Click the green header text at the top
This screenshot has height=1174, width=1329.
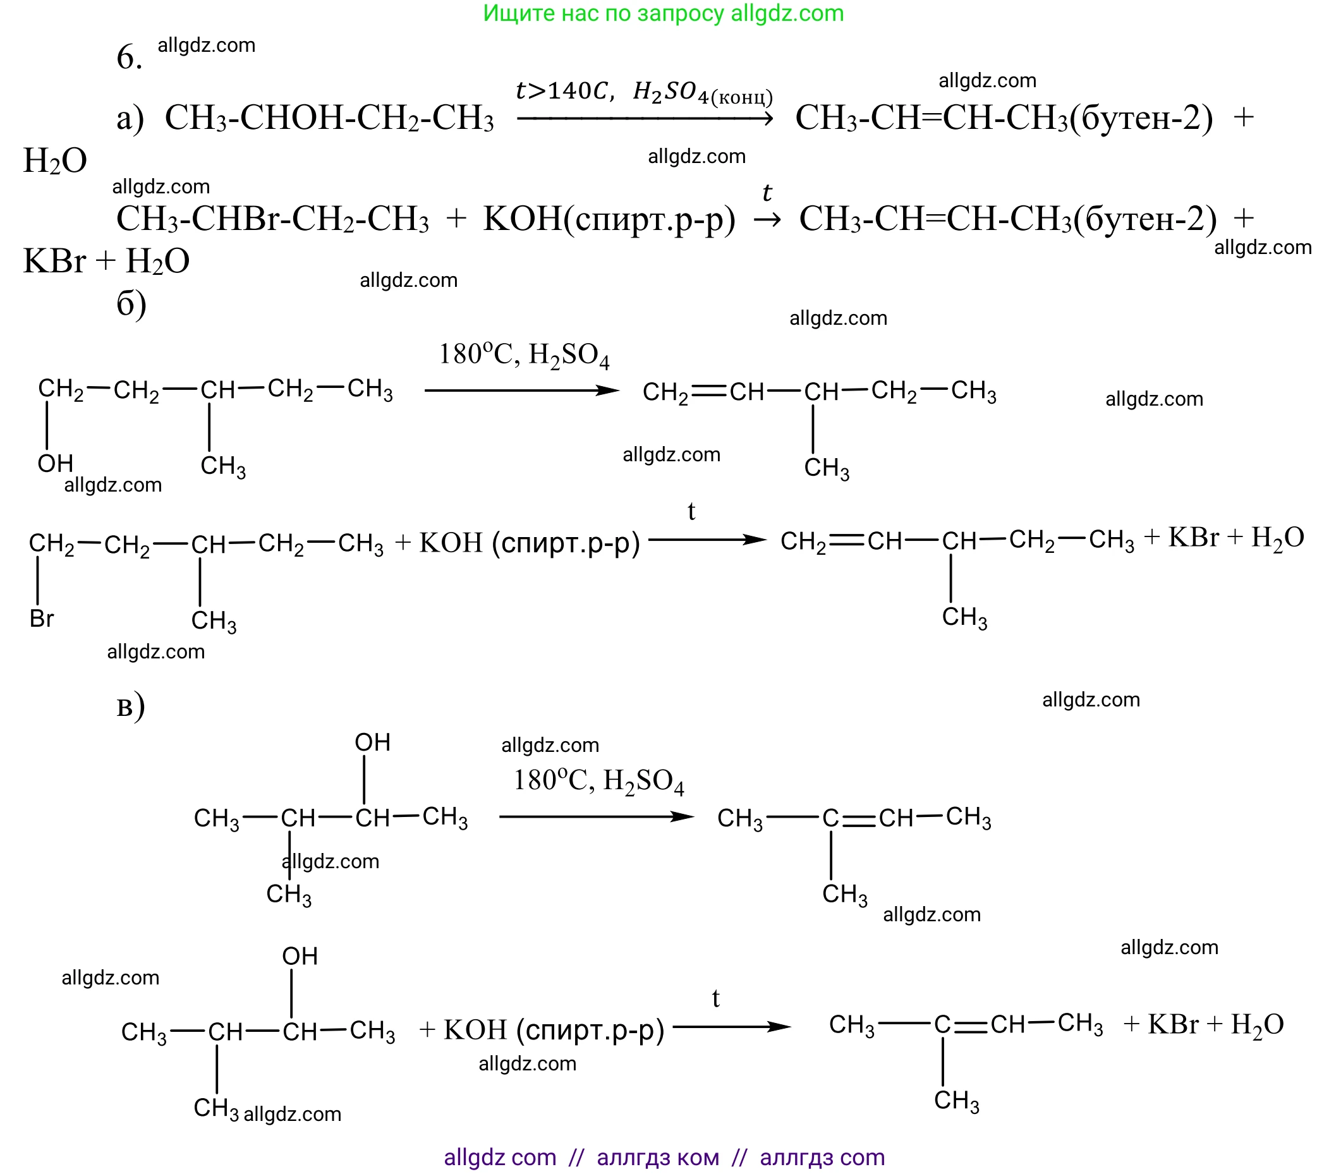click(x=663, y=13)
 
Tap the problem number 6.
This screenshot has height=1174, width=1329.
click(x=128, y=57)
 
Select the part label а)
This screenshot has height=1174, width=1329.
click(x=130, y=118)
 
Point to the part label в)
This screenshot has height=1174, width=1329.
click(x=131, y=706)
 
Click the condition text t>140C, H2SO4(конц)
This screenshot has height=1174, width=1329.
click(x=644, y=92)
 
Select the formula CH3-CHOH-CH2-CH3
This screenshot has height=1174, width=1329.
click(x=329, y=118)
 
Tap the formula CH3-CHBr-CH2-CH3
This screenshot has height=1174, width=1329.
click(x=272, y=219)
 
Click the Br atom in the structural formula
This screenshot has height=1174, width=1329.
click(x=42, y=618)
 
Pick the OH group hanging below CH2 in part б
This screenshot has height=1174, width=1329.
click(x=55, y=464)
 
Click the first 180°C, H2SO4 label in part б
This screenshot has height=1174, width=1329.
click(x=524, y=356)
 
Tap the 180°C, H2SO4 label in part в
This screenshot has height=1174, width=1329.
click(x=599, y=781)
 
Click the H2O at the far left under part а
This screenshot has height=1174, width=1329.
click(x=55, y=160)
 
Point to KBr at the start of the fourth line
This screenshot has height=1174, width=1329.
click(x=54, y=262)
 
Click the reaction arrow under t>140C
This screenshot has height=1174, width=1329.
click(x=645, y=118)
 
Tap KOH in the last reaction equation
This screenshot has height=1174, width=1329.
click(x=475, y=1030)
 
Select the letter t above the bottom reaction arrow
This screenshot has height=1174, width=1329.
click(x=715, y=998)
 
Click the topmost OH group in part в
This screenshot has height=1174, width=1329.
click(x=373, y=742)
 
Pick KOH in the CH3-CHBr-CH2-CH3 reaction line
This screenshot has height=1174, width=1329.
click(x=521, y=219)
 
